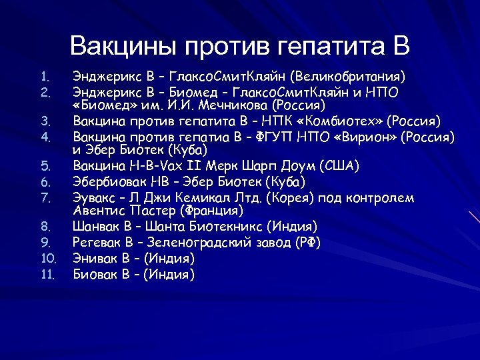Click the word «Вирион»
(365, 137)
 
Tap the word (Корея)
(294, 198)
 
